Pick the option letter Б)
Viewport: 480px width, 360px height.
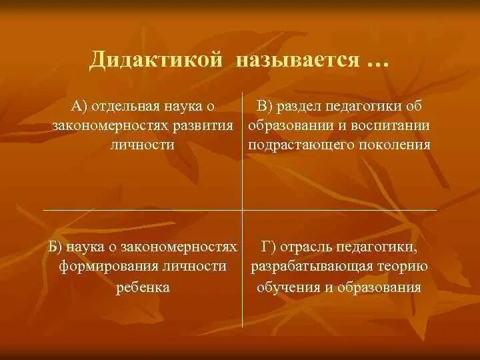57,247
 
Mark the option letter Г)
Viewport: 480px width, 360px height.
270,247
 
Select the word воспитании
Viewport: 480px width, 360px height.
391,125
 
